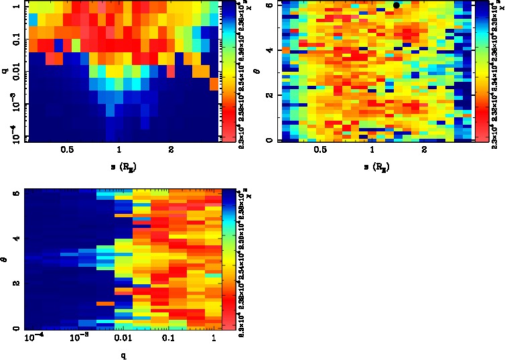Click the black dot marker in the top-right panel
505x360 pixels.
click(x=396, y=5)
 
